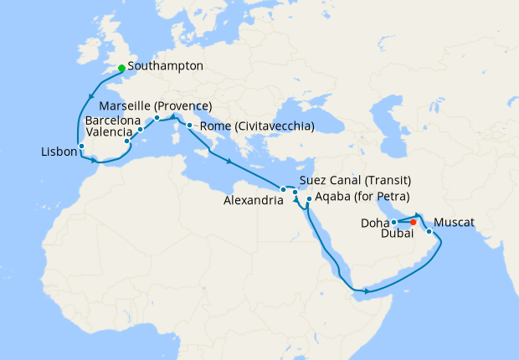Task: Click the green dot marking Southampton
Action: (x=121, y=68)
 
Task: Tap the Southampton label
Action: (x=166, y=65)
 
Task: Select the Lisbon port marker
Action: (x=81, y=147)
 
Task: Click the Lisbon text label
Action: (x=56, y=152)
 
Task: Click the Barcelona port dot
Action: (x=141, y=130)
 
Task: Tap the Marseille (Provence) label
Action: (x=155, y=106)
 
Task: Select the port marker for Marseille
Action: (x=157, y=118)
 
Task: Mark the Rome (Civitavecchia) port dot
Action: (x=190, y=126)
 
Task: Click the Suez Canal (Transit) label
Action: (x=355, y=181)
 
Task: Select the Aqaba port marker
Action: (x=309, y=199)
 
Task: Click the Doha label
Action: (x=374, y=223)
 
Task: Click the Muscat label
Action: (x=455, y=223)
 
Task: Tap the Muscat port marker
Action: (x=429, y=231)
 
